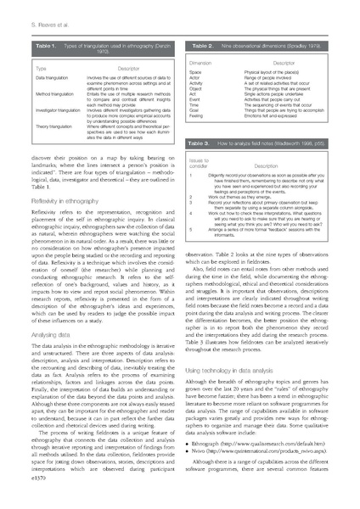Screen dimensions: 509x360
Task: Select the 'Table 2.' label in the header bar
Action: [x=201, y=42]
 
